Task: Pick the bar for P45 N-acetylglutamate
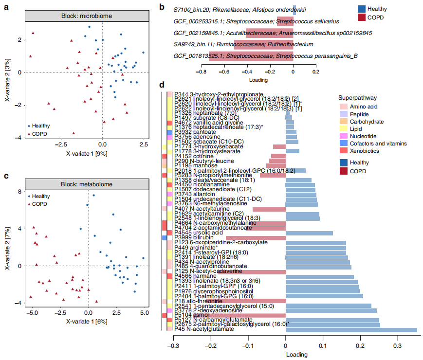tap(351, 329)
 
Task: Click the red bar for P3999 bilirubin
tap(256, 237)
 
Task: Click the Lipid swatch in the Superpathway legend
tap(343, 128)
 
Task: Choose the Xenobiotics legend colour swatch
tap(343, 151)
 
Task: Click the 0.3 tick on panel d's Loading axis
tap(398, 346)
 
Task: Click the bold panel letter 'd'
tap(162, 85)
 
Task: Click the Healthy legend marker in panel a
tap(29, 125)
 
